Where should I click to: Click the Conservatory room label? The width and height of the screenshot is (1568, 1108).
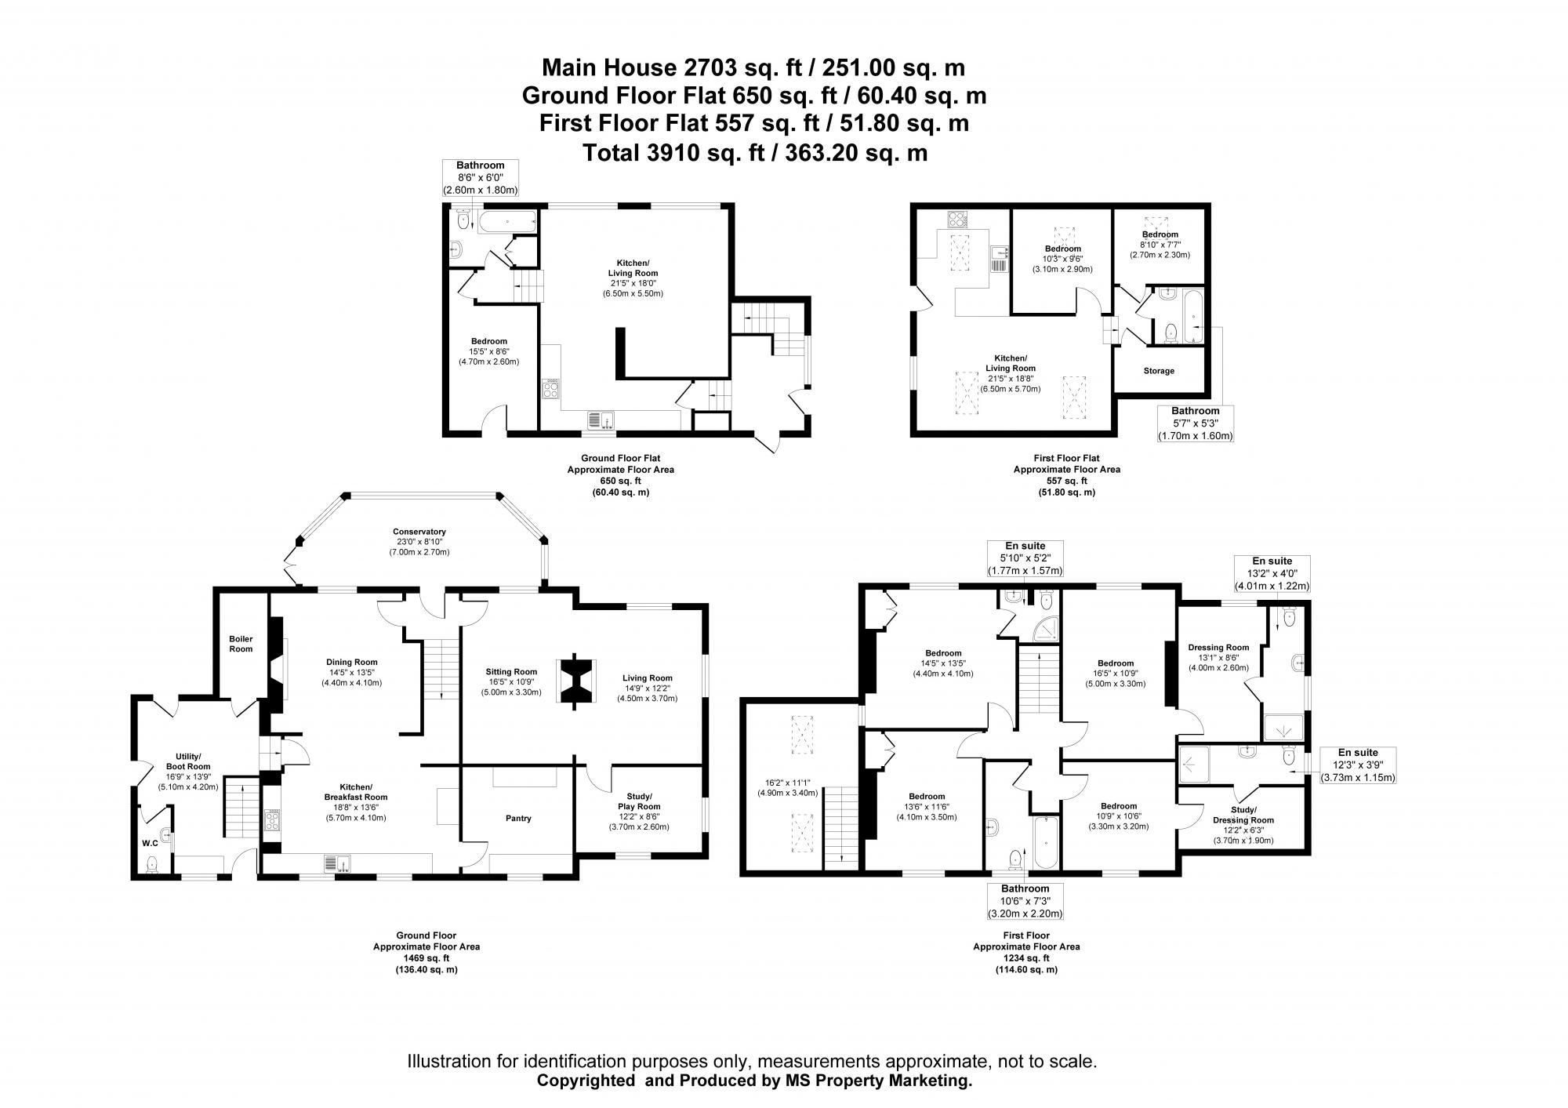pyautogui.click(x=419, y=531)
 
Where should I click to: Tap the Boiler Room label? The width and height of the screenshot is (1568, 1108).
pyautogui.click(x=241, y=644)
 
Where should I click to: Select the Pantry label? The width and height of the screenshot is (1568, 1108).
pyautogui.click(x=518, y=818)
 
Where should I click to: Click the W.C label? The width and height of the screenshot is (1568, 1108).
pyautogui.click(x=149, y=844)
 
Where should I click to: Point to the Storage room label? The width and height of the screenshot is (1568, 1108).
pyautogui.click(x=1158, y=371)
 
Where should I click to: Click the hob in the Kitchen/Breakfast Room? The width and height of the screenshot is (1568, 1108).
pyautogui.click(x=272, y=821)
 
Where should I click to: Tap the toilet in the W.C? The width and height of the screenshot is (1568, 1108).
pyautogui.click(x=152, y=864)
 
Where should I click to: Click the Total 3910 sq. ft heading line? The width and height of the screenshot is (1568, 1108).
pyautogui.click(x=755, y=152)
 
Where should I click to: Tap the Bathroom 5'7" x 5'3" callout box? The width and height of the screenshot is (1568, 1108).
pyautogui.click(x=1195, y=423)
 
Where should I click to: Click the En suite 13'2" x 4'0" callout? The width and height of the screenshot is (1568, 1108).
pyautogui.click(x=1272, y=574)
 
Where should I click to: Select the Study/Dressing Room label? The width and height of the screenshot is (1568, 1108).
pyautogui.click(x=1243, y=815)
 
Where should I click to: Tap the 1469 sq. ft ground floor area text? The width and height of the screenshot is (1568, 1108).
pyautogui.click(x=426, y=958)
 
